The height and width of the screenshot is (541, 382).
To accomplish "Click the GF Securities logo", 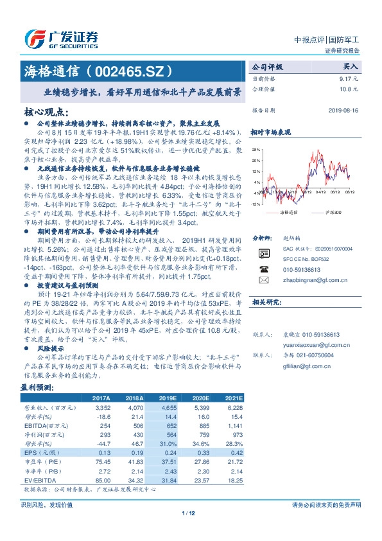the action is point(61,38).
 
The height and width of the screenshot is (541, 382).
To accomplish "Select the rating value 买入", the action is point(351,66).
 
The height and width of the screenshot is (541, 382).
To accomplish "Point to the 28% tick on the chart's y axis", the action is point(256,148).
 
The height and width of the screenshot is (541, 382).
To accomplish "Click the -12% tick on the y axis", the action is point(256,204).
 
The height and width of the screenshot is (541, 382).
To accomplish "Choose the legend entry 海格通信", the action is point(290,211).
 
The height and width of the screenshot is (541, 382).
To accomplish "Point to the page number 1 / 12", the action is point(191,512).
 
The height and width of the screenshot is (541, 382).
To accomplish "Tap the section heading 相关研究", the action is point(263,319).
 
